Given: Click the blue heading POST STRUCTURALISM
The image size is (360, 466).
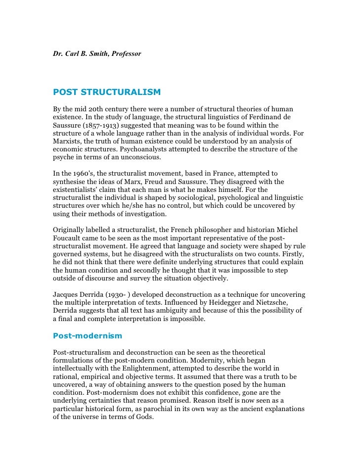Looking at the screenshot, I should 107,92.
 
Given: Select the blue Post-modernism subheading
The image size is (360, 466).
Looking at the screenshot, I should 87,335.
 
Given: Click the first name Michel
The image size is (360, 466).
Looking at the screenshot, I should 294,230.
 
